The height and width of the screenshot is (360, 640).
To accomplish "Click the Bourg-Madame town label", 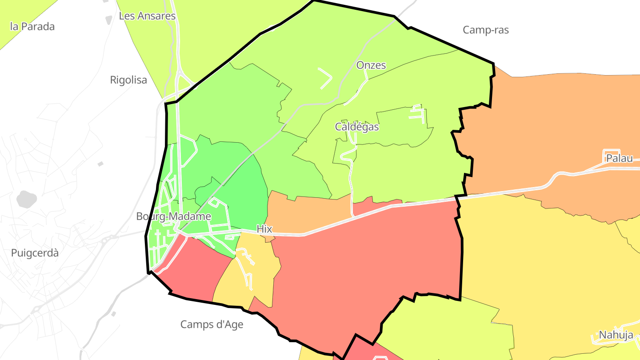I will (174, 217).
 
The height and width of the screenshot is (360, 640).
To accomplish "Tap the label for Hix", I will (264, 229).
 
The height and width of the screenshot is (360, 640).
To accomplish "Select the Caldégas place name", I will (357, 127).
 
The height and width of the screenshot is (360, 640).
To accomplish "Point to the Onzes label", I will (371, 65).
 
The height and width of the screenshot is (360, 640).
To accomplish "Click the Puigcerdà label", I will (35, 253).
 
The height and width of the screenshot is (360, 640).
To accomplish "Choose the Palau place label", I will (620, 158).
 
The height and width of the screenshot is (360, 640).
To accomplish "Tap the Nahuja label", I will (616, 335).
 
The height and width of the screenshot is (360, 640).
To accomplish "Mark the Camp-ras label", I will (486, 30).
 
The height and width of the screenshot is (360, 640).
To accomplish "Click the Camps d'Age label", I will (212, 324).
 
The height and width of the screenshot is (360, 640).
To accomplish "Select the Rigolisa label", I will (128, 80).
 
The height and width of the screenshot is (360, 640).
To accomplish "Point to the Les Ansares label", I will (148, 16).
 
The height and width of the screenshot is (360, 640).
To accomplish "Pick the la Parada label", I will (32, 27).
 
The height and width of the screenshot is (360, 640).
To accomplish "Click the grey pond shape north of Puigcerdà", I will (27, 199).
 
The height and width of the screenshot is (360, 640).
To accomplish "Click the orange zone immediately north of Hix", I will (307, 213).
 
